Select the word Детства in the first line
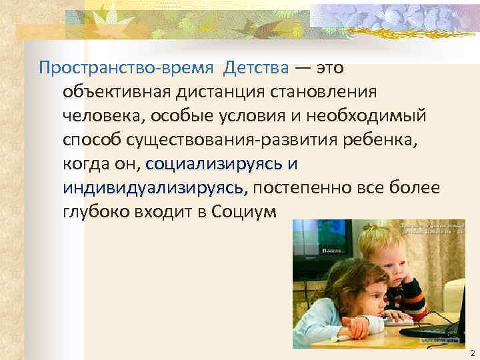tap(257, 68)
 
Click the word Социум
tap(246, 212)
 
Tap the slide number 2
tap(471, 351)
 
